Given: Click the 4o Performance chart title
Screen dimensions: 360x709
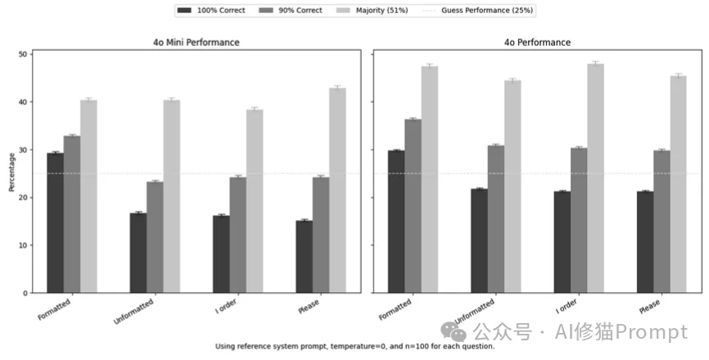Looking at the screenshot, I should pos(537,42).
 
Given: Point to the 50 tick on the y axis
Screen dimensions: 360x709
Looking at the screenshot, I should pos(24,54).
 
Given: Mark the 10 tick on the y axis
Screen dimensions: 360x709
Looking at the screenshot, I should pos(24,245).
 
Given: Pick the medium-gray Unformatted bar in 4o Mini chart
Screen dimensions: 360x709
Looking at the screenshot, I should pos(155,237).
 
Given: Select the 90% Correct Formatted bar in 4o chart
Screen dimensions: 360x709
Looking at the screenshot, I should pos(413,206).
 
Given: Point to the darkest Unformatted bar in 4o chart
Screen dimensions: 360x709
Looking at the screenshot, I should pos(479,241).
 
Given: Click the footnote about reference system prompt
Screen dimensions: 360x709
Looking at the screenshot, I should pos(354,346).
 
